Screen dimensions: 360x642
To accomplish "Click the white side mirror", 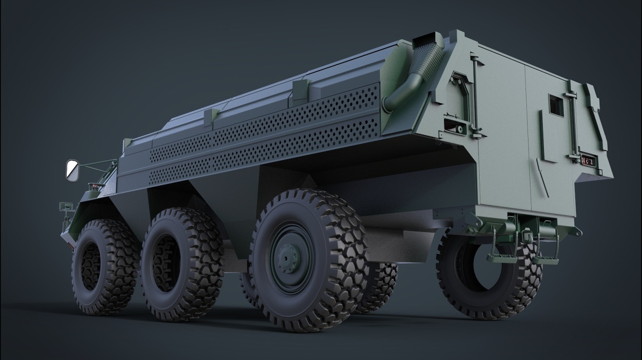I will click(x=72, y=170).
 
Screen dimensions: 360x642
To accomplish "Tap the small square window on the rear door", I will click(x=556, y=105).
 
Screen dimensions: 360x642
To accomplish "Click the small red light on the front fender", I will click(x=95, y=185).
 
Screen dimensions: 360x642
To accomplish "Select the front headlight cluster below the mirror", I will click(x=65, y=207).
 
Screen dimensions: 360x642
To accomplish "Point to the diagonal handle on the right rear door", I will click(x=542, y=177).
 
